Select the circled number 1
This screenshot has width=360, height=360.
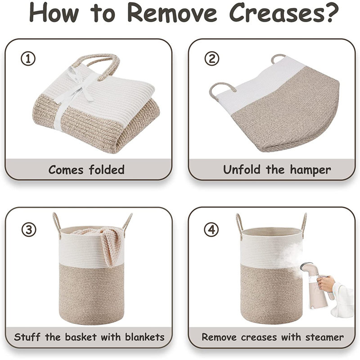[28, 59]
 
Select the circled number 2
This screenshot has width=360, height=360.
[211, 59]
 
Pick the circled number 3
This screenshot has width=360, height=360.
[29, 229]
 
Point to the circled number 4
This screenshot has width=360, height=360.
[211, 229]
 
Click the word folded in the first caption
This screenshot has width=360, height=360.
[107, 170]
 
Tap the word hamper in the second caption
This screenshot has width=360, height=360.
[310, 170]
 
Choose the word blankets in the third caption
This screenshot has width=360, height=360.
[145, 337]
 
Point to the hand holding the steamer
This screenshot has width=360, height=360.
[325, 283]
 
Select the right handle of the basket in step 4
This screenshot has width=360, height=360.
[304, 225]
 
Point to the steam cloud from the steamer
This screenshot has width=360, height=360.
[295, 255]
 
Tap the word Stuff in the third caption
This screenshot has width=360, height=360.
[27, 337]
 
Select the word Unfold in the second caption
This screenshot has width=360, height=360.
[242, 170]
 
